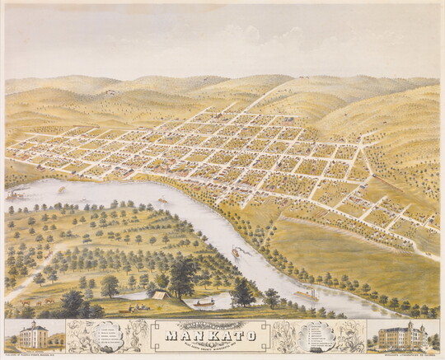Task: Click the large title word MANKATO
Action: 222,335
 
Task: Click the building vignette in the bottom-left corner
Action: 33,336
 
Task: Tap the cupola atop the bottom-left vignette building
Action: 33,323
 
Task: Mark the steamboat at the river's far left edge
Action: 16,194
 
